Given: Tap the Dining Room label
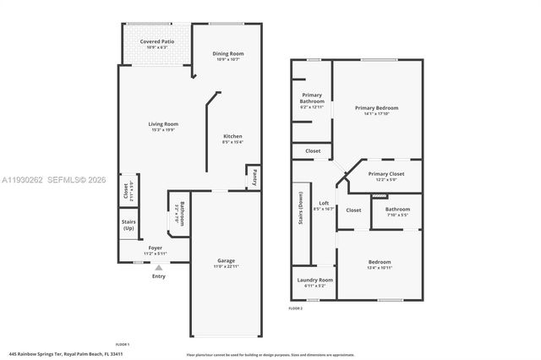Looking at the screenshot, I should pos(228,54).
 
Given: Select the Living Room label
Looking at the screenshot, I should pos(164,124).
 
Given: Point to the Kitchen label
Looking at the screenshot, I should pos(232,136).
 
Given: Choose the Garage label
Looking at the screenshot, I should pos(226,260).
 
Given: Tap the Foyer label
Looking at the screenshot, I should pos(156,248).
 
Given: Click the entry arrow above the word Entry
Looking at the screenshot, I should pos(158,268).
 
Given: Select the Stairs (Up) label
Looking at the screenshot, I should pos(128,225).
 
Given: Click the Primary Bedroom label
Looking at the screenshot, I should pos(376,108).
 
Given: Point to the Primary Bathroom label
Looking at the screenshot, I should pos(312,99).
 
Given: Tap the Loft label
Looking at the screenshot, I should pos(324,203).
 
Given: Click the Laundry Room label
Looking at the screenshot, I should pos(314,280).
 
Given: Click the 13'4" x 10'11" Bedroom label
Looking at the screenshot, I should pos(380,262).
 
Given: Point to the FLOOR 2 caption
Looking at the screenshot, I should pos(296,308).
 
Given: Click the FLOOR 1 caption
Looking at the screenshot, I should pos(122,344).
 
